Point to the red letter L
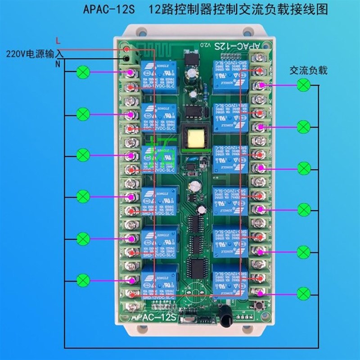[x=57, y=40]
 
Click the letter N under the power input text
[x=57, y=64]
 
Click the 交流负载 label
[x=308, y=71]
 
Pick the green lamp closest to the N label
[x=83, y=72]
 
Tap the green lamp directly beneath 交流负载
[x=305, y=85]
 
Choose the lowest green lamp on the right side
[x=305, y=292]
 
